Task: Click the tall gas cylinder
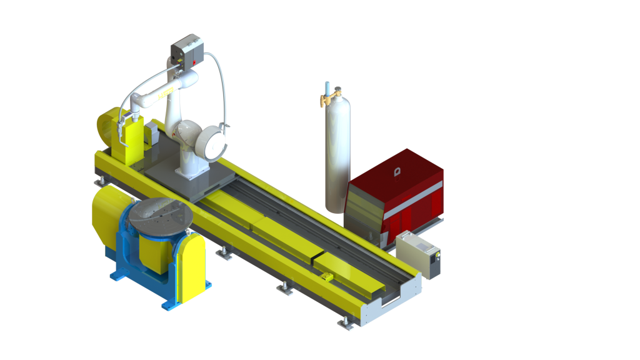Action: tap(337, 156)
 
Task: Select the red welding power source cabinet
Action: tap(400, 194)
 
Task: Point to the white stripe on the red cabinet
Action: tap(412, 209)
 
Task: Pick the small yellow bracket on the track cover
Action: tap(325, 276)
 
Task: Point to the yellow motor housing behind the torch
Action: tap(106, 128)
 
